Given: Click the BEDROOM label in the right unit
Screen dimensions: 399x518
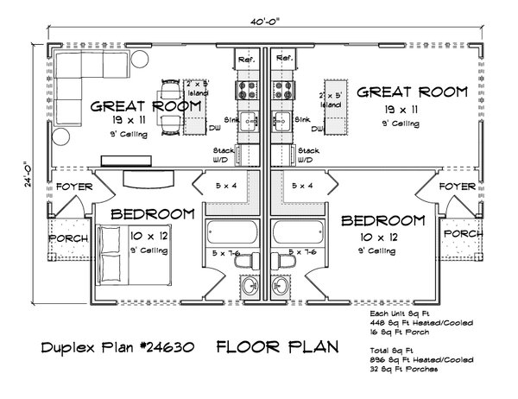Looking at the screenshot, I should tap(382, 221).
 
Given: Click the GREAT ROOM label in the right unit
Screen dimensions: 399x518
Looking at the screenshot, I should tap(412, 92).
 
